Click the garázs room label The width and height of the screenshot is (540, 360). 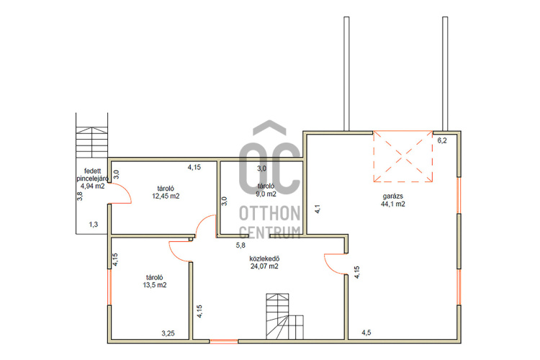[392, 197]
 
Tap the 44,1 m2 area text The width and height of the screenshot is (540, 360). [392, 204]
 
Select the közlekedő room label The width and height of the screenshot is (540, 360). [264, 258]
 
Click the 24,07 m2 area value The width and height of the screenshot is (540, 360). [264, 266]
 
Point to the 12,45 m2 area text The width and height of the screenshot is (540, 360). [166, 196]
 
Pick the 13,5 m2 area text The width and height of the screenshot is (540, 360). [155, 285]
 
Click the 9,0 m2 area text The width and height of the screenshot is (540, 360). [266, 194]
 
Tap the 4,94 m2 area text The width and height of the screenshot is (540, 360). [93, 186]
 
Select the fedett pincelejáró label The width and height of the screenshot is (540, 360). [93, 175]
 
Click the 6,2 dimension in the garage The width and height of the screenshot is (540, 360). [442, 140]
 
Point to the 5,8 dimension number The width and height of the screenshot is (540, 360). [240, 246]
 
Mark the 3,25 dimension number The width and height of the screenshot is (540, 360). [168, 333]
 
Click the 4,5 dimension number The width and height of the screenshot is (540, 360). [366, 333]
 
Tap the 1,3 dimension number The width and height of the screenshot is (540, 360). [94, 225]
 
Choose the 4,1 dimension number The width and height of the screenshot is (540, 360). [318, 209]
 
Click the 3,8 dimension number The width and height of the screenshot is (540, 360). [80, 196]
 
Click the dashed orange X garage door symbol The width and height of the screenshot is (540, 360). [403, 156]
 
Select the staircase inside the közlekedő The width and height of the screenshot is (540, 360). [284, 316]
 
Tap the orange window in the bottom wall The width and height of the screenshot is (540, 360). [223, 341]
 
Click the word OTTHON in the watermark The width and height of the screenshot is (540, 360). [270, 213]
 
